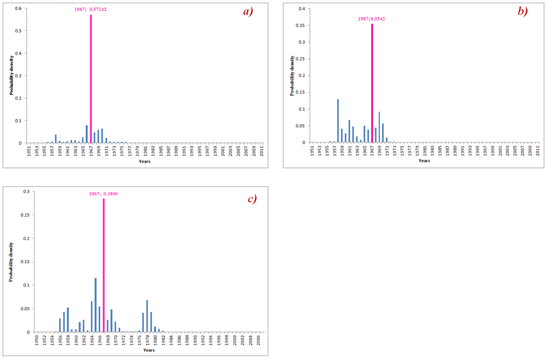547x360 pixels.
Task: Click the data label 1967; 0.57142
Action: (x=90, y=9)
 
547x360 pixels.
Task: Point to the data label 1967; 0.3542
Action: (x=371, y=19)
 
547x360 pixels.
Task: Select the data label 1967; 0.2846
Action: (x=103, y=193)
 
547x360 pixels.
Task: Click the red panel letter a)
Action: (x=247, y=12)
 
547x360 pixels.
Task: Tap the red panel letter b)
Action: (x=522, y=11)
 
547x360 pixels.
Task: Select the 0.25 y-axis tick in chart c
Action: (x=28, y=215)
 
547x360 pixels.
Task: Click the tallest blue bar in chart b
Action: (x=338, y=121)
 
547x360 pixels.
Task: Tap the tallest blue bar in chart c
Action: (x=95, y=305)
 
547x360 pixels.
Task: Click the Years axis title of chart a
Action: (x=144, y=161)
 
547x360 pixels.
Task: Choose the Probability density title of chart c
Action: (x=11, y=262)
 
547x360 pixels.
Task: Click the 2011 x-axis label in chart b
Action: (x=539, y=151)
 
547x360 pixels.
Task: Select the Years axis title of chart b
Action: (x=424, y=161)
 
